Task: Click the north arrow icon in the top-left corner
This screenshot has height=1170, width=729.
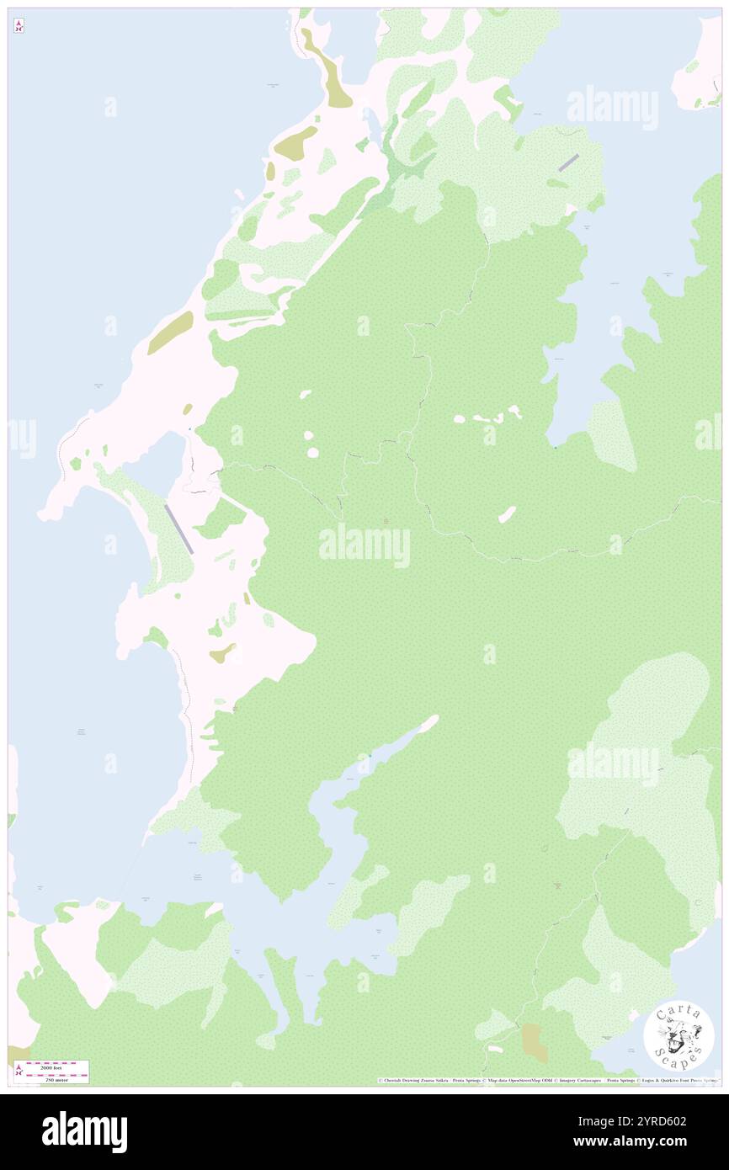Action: (19, 26)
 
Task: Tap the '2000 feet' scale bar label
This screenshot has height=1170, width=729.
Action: (57, 1066)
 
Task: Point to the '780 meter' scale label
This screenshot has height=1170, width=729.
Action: (57, 1078)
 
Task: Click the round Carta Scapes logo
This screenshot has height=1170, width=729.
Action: (678, 1035)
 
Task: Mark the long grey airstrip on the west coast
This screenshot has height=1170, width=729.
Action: (179, 529)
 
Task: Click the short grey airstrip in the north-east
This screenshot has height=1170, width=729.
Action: (568, 162)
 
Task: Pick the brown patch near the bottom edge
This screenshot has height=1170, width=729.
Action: (534, 1042)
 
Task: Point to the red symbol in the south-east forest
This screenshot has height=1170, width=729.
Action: (556, 885)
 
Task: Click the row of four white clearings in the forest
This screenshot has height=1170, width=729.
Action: (489, 417)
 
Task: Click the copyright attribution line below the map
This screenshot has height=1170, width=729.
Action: (547, 1080)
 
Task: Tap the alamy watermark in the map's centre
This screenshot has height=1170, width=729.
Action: (364, 545)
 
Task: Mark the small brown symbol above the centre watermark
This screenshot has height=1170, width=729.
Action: (386, 522)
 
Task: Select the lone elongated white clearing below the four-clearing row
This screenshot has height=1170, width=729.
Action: (507, 513)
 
